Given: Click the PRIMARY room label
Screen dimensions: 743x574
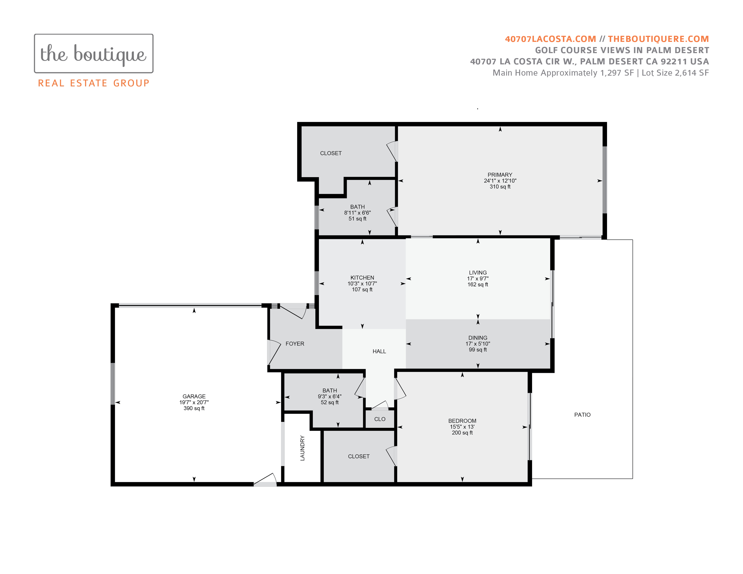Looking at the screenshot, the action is pyautogui.click(x=500, y=175).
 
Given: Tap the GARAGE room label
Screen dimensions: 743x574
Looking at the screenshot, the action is pyautogui.click(x=194, y=396).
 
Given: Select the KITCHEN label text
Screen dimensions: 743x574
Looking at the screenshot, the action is pyautogui.click(x=362, y=278).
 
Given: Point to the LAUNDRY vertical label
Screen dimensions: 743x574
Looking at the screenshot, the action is pyautogui.click(x=302, y=448).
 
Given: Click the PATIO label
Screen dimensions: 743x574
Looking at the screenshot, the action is pyautogui.click(x=582, y=415).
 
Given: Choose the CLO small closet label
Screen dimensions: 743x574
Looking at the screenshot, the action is pyautogui.click(x=380, y=419).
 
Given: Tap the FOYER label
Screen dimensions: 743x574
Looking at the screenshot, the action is pyautogui.click(x=295, y=344).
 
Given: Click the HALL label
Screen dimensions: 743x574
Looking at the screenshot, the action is pyautogui.click(x=379, y=352).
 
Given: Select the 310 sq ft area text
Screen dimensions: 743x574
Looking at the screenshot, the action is pyautogui.click(x=500, y=187).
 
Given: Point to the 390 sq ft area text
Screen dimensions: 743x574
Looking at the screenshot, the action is pyautogui.click(x=194, y=408).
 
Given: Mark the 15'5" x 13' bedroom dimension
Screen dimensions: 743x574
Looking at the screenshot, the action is pyautogui.click(x=462, y=427).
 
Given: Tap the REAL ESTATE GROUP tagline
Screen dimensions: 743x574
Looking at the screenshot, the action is pyautogui.click(x=94, y=83).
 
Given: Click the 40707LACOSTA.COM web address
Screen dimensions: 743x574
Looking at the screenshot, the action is pyautogui.click(x=550, y=39).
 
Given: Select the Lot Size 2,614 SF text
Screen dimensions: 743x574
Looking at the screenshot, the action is pyautogui.click(x=675, y=73).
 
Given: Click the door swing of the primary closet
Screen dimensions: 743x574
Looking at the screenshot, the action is pyautogui.click(x=392, y=151).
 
